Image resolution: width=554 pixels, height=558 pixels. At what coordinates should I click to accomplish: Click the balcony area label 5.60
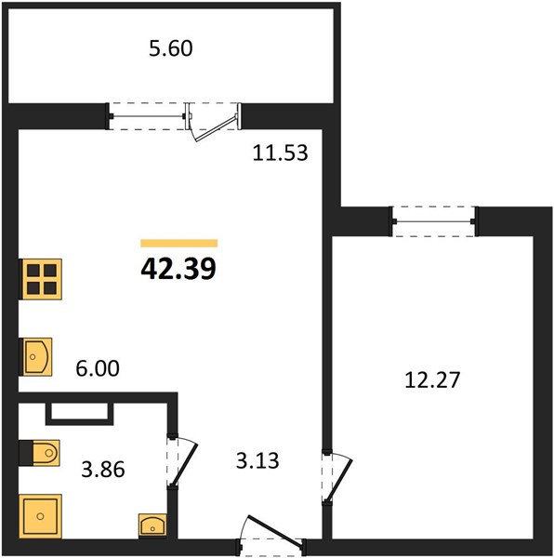coord(171,48)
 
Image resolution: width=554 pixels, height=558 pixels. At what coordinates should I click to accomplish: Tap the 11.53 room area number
coord(280,153)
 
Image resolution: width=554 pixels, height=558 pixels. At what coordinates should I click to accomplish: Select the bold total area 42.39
coord(178,269)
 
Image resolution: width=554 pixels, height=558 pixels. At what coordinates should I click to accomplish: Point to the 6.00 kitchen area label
coord(98,368)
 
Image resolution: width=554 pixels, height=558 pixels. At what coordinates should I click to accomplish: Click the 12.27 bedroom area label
coord(432,379)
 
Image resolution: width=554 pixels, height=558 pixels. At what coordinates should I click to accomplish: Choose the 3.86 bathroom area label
coord(103,469)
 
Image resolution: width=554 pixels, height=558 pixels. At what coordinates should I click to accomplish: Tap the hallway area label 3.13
coord(257,461)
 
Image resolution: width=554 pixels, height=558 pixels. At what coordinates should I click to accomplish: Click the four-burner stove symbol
coord(42,279)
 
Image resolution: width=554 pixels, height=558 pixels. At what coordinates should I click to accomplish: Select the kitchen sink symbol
coord(37,356)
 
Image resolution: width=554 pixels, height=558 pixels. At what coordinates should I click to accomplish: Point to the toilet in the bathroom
coord(46,453)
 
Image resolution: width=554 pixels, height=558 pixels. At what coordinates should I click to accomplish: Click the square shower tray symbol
coord(41,515)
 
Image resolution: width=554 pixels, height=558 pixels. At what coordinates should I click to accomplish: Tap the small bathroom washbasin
coord(152,525)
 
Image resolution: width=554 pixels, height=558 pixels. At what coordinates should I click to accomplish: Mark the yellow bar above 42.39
coord(178,243)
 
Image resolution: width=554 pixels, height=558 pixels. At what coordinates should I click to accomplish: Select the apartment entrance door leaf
coord(275,529)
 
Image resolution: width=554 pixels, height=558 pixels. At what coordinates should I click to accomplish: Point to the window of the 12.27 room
coord(434,221)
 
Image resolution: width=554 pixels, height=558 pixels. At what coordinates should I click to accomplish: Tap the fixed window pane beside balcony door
coord(148,116)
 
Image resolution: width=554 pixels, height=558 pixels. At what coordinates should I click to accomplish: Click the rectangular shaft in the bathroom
coord(80,414)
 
